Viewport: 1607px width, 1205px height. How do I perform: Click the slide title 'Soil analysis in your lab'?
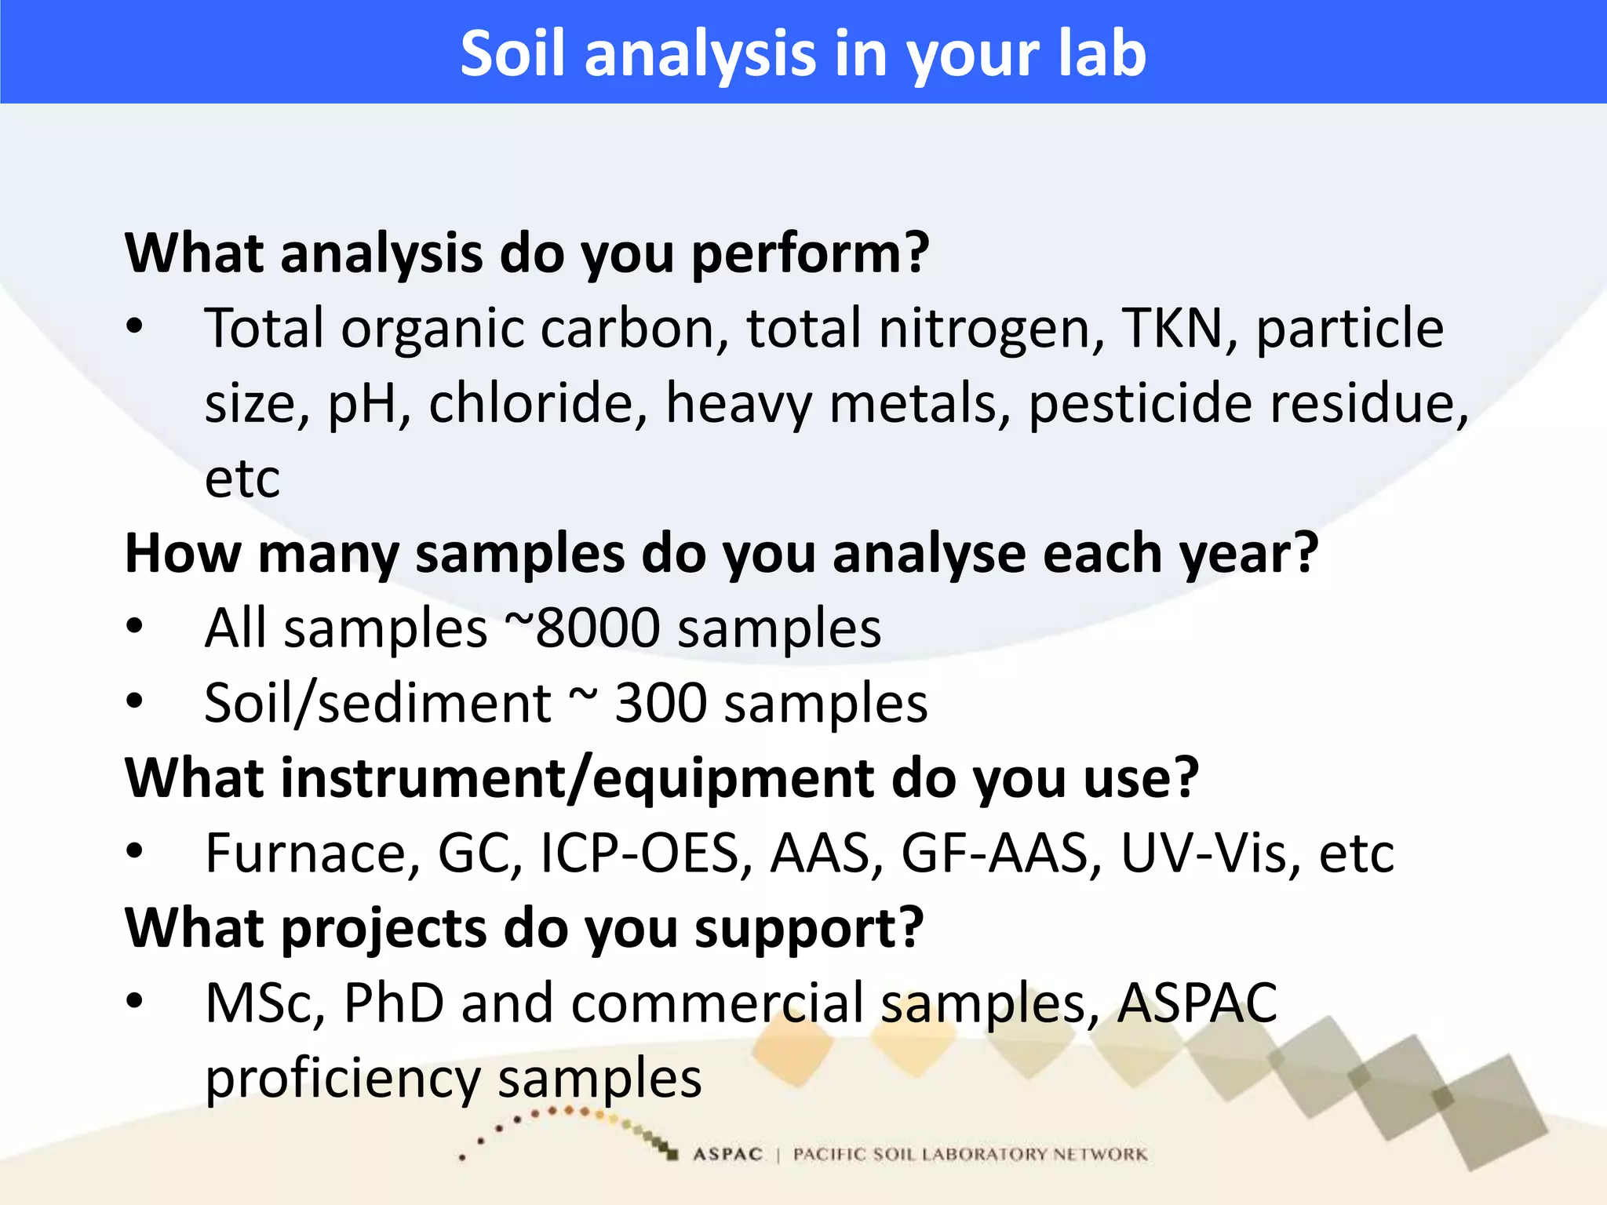point(803,53)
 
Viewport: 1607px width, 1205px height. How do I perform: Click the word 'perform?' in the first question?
point(810,254)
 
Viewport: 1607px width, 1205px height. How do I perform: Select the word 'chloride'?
point(537,403)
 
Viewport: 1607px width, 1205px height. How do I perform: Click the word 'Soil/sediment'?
point(377,703)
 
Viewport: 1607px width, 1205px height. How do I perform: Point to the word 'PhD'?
point(393,1003)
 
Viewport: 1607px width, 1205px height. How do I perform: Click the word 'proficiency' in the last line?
point(342,1078)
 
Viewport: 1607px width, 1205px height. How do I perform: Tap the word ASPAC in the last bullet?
point(1197,1003)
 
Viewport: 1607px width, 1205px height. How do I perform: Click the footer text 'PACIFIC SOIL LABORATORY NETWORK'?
point(970,1154)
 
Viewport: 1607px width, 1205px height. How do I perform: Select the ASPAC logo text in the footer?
point(727,1154)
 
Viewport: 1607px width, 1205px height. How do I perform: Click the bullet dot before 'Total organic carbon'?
point(135,326)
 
